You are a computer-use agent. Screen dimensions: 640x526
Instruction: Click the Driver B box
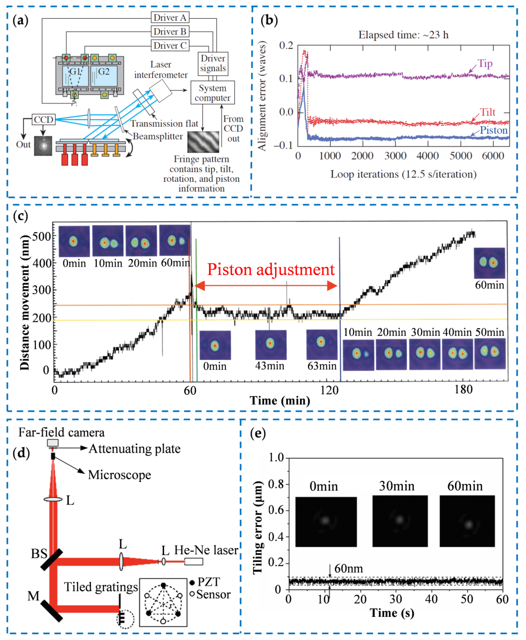point(170,32)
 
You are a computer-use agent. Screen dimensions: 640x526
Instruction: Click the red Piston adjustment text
point(271,269)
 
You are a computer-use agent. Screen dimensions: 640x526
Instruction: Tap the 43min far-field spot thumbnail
point(271,344)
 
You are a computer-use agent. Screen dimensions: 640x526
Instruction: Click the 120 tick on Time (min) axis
point(329,390)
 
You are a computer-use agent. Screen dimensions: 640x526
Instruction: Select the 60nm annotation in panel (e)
point(348,568)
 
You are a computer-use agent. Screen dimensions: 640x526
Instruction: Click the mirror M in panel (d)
point(51,611)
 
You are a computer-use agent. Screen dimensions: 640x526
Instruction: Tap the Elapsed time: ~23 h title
point(403,35)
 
